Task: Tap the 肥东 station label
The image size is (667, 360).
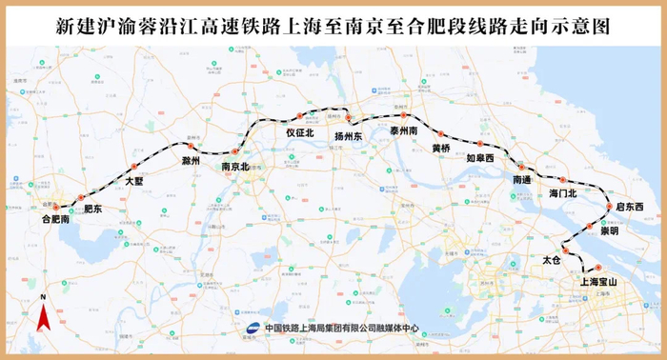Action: pos(92,208)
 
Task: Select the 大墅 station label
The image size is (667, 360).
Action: pos(136,179)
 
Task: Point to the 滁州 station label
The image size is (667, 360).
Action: pos(191,162)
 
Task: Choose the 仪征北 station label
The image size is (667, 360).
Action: pos(299,133)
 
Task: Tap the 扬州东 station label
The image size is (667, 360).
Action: pos(348,136)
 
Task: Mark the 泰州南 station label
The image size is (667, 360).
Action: pos(404,130)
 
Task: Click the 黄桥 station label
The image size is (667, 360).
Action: pos(440,149)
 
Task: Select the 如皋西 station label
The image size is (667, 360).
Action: pos(480,158)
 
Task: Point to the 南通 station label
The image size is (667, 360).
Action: pos(522,179)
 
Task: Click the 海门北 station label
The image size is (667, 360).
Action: pos(564,193)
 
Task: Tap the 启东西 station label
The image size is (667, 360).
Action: pos(630,207)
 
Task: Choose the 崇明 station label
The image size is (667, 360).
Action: pos(609,230)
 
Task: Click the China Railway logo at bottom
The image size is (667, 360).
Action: pos(253,327)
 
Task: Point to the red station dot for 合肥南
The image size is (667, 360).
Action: pos(55,206)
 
